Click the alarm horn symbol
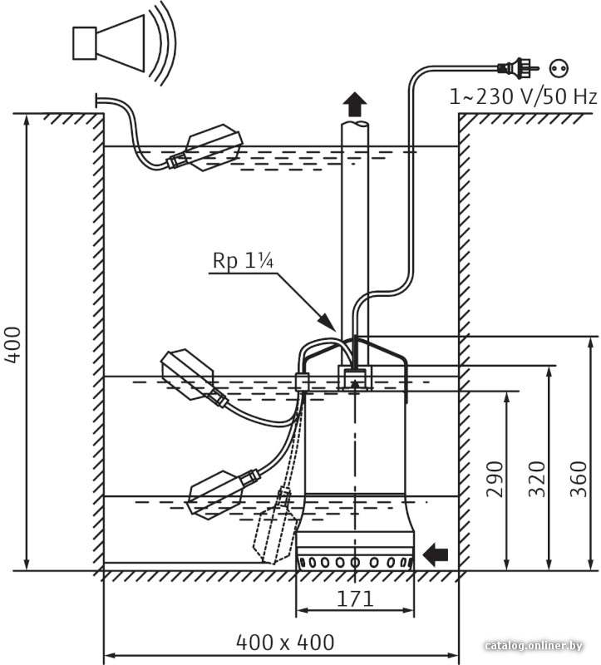tap(123, 43)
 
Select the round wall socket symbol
tap(559, 68)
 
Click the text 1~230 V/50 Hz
tap(523, 96)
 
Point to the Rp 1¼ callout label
tap(243, 260)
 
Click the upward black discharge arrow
tap(355, 105)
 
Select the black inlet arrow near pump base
tap(436, 554)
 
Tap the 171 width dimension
tap(355, 598)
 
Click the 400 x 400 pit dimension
tap(285, 642)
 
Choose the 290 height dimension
tap(495, 479)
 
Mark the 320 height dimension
tap(536, 479)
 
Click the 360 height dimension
tap(578, 479)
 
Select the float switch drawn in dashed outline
tap(274, 527)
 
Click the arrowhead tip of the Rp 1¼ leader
tap(336, 330)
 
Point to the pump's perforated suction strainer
tap(355, 563)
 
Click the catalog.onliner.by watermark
tap(534, 645)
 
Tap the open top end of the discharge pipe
tap(356, 124)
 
